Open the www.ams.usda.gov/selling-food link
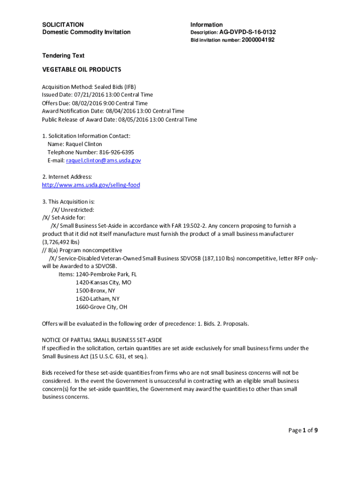[x=91, y=185]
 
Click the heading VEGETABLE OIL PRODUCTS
[x=82, y=70]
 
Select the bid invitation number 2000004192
[x=258, y=40]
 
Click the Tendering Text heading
[x=63, y=56]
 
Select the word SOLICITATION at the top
[x=63, y=25]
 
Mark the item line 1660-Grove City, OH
[x=101, y=307]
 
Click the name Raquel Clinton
[x=84, y=144]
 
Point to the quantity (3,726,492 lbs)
[x=61, y=242]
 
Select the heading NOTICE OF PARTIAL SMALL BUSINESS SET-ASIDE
[x=102, y=340]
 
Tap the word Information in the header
[x=206, y=25]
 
